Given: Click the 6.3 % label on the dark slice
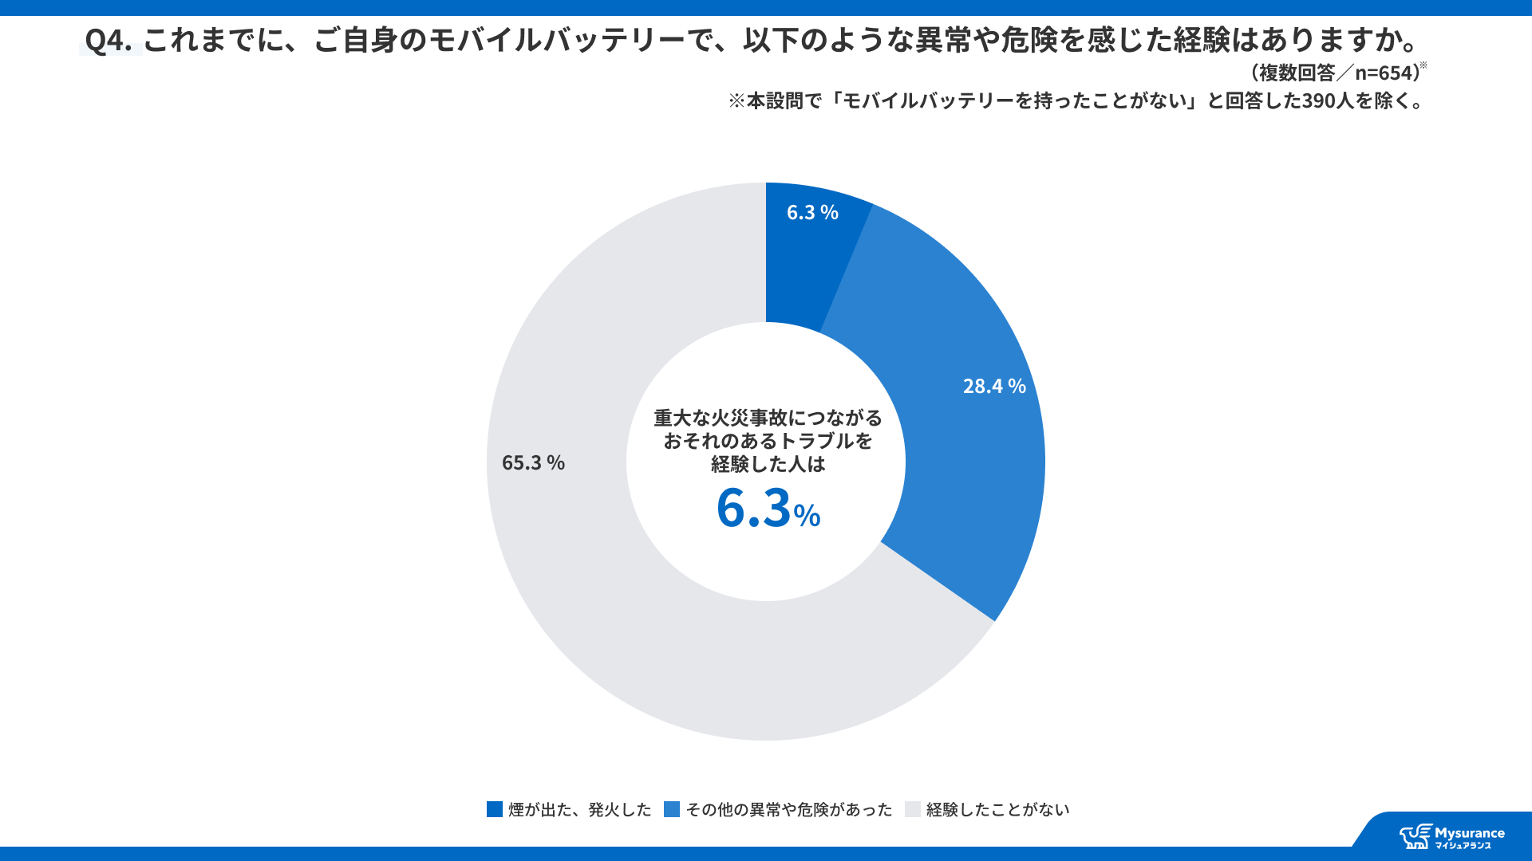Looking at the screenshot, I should (x=812, y=212).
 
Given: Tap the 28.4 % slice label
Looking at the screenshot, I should (x=994, y=386).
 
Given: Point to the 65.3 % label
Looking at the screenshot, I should (x=533, y=462).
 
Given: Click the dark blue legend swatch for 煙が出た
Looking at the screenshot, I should (x=495, y=809).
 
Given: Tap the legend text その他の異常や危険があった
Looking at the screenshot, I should (x=788, y=809).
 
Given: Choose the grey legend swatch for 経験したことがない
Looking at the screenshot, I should (x=913, y=809).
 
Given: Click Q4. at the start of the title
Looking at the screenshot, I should (x=109, y=40).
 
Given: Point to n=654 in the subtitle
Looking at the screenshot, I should (x=1385, y=73).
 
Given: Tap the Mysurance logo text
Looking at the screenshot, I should (x=1469, y=833).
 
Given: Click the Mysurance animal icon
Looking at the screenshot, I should (x=1416, y=836).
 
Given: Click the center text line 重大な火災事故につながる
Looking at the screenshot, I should (x=768, y=418).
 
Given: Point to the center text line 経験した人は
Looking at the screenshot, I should (x=768, y=464).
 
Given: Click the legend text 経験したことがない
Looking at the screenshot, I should (x=997, y=809).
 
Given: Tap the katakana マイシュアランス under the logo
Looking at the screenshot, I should (x=1463, y=846).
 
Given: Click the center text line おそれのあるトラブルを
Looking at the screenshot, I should (x=768, y=441).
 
